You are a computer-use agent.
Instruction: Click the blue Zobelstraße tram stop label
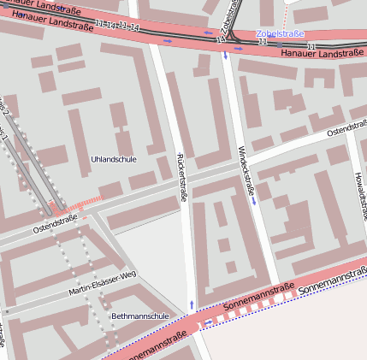coord(280,33)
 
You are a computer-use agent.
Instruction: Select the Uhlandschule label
coord(113,159)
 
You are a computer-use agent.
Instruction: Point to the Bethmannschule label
coord(139,316)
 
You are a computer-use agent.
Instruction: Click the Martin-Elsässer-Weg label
coord(104,284)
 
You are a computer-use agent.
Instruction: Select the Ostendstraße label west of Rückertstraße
coord(55,223)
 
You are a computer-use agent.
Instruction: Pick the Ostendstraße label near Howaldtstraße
coord(346,129)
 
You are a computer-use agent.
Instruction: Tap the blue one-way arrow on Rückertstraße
coord(192,304)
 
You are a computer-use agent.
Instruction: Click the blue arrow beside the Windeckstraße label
coord(254,202)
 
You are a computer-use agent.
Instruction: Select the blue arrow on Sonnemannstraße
coord(210,322)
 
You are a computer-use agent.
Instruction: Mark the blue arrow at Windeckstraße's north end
coord(226,56)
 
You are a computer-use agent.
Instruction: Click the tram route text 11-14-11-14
coord(117,27)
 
